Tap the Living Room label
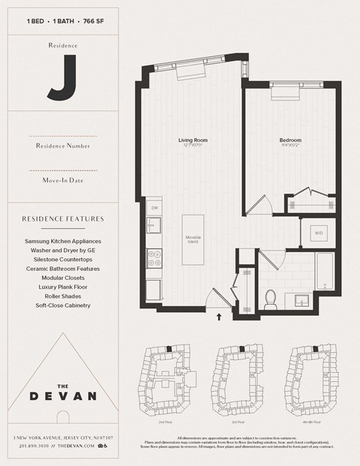click(x=192, y=140)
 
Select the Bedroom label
click(x=290, y=140)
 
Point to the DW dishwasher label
click(x=154, y=208)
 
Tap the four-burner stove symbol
click(x=154, y=258)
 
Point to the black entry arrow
click(x=219, y=317)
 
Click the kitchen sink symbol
click(x=154, y=224)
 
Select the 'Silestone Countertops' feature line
click(x=62, y=259)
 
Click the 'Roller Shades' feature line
click(x=62, y=296)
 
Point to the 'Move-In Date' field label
click(x=62, y=180)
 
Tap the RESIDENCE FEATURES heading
click(x=62, y=219)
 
